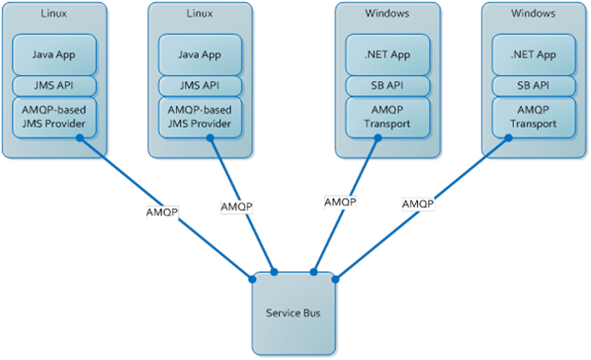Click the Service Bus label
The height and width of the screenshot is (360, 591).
coord(294,313)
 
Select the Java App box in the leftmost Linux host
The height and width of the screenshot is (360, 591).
coord(54,54)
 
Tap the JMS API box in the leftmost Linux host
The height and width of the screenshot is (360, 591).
coord(54,86)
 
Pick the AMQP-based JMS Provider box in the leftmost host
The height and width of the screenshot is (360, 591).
coord(54,117)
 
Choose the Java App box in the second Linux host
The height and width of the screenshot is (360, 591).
coord(200,54)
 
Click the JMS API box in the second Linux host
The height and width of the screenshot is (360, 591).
coord(200,86)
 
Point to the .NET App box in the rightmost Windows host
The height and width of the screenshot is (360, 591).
coord(534,54)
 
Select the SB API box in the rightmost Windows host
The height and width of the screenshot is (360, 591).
coord(534,86)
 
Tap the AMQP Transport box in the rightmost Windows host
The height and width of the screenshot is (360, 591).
coord(534,117)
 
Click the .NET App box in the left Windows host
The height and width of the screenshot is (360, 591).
coord(387,54)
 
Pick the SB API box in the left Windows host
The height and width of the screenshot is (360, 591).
coord(387,86)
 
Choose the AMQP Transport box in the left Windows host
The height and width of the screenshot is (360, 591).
coord(387,117)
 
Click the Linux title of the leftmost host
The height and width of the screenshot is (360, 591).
coord(54,14)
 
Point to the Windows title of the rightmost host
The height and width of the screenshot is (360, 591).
coord(533,14)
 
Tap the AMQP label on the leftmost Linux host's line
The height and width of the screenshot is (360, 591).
coord(162,212)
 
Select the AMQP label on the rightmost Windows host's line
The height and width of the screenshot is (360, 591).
coord(418,204)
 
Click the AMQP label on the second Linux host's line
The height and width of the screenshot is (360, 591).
coord(237,207)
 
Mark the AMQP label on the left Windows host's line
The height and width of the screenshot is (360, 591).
coord(340,203)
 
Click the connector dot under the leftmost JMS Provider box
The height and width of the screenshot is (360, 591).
coord(79,138)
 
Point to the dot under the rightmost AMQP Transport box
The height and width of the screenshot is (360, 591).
coord(508,138)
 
